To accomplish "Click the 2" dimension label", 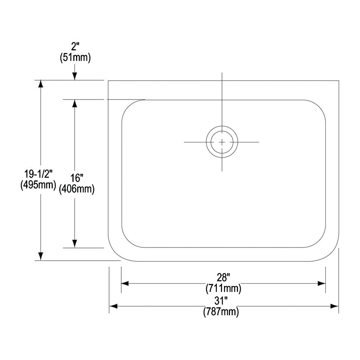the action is tap(75, 47).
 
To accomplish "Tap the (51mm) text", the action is tap(75, 57).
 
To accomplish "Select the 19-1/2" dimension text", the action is tap(38, 174).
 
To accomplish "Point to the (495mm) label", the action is tap(38, 185).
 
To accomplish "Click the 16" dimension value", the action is tap(77, 178).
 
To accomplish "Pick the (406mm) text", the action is tap(77, 189).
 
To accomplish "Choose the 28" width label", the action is tap(223, 277).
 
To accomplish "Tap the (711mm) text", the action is tap(223, 288).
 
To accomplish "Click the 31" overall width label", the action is tap(221, 300).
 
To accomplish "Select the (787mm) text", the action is tap(221, 312).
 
